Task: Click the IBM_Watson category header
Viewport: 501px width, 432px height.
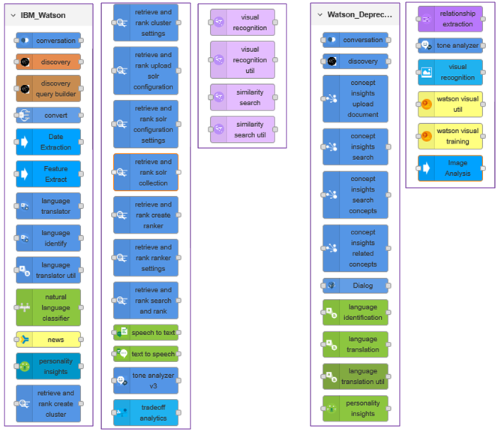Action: click(x=43, y=15)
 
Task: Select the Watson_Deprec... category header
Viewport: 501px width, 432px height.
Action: click(x=358, y=14)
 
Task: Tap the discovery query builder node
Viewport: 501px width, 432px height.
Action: click(x=48, y=89)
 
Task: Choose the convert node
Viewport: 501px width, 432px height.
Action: click(x=48, y=116)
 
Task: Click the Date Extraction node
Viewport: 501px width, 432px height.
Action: click(x=48, y=142)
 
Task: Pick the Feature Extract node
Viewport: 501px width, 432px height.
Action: click(x=48, y=174)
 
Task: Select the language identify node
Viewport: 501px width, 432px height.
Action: click(x=48, y=238)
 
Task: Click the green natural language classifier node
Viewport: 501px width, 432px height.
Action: click(x=48, y=307)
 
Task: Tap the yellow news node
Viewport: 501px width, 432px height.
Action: click(x=48, y=340)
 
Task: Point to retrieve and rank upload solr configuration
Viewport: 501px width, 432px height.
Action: click(x=145, y=71)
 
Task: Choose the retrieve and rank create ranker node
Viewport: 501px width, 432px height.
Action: click(x=145, y=215)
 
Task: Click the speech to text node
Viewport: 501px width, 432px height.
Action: click(x=145, y=332)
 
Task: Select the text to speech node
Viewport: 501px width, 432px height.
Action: click(x=145, y=353)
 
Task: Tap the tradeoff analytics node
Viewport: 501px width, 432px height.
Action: click(x=145, y=412)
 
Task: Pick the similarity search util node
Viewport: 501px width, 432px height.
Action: click(x=242, y=129)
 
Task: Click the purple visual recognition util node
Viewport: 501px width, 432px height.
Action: click(x=242, y=60)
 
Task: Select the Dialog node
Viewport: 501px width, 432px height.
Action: click(x=355, y=285)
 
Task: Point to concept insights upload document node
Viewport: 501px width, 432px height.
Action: click(x=355, y=98)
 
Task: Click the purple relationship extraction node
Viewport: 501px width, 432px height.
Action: click(x=450, y=19)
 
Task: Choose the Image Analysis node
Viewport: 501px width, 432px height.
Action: click(x=450, y=168)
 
